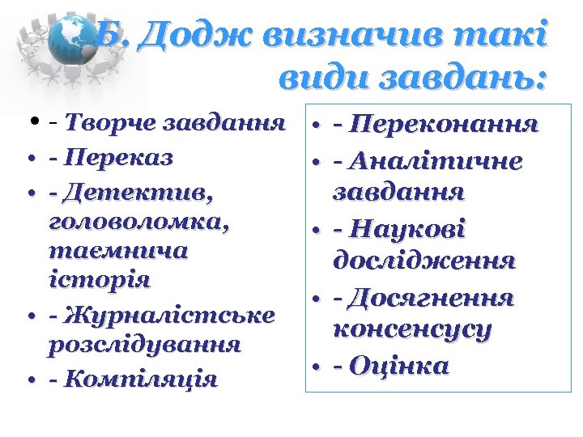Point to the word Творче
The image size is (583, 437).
click(111, 124)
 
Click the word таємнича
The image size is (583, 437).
click(117, 252)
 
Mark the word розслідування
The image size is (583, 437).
click(145, 344)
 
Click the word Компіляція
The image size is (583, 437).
click(143, 379)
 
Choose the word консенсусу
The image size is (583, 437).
click(412, 331)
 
